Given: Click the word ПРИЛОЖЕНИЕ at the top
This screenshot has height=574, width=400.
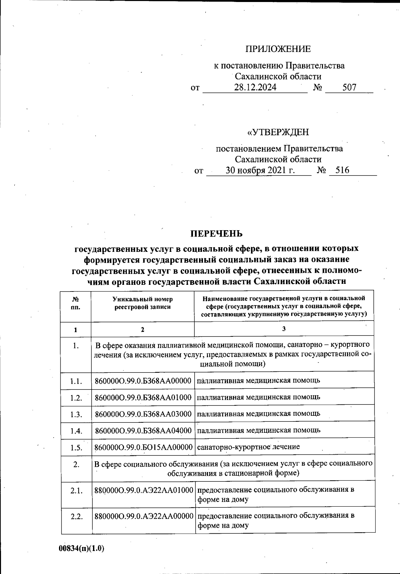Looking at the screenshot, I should pos(278,49).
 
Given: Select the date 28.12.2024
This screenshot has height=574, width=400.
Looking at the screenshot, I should pos(255,88).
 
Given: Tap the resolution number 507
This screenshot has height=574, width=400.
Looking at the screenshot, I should pos(349,88).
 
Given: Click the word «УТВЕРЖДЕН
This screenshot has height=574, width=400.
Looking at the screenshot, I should pos(278,132).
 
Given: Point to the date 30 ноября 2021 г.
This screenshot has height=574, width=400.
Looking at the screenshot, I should pos(260,171).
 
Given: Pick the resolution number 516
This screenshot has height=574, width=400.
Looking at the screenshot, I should pos(342,170).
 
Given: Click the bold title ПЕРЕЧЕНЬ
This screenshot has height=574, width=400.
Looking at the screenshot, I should pos(216,234).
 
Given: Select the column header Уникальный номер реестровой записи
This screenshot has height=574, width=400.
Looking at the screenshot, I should pos(143,303).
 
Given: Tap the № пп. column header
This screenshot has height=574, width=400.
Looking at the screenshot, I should pos(76,303).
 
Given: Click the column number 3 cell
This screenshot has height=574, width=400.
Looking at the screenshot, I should pos(284,329).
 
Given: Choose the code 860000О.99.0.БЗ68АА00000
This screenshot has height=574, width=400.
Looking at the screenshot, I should pos(143,380).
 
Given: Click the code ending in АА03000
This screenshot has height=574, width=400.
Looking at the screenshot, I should pos(143,414).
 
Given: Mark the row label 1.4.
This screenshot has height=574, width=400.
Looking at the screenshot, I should pos(76,431).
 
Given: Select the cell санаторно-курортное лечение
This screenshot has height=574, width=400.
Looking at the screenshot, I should pos(248,447).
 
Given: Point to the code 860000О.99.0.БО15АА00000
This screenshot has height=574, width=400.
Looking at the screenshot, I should pos(143,447).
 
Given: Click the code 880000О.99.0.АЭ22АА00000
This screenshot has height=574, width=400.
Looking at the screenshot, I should pos(144,516).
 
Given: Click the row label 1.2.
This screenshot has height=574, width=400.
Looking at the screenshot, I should pos(76,398).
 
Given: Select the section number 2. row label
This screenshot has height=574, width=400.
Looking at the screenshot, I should pos(76,464).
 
